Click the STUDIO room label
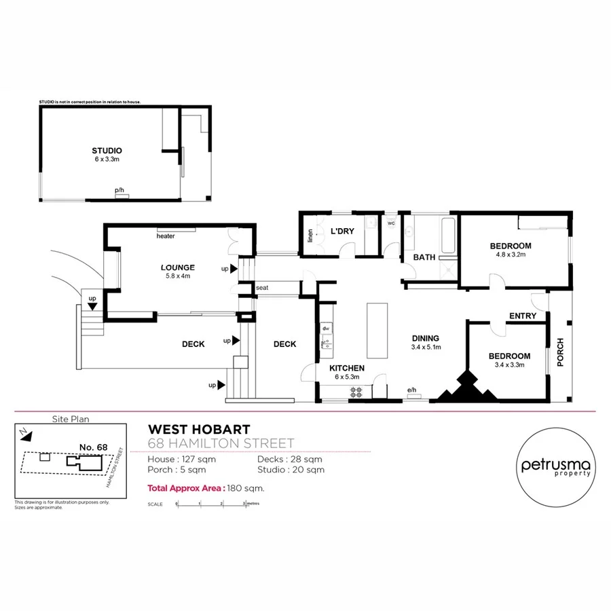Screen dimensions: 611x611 [x=107, y=151]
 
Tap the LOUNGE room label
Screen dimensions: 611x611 [x=178, y=267]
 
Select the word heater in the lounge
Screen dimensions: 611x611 [x=166, y=236]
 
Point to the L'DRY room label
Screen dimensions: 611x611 [x=342, y=232]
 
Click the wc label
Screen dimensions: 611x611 [x=391, y=223]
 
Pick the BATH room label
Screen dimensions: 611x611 [x=424, y=257]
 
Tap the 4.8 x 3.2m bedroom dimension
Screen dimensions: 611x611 [x=513, y=255]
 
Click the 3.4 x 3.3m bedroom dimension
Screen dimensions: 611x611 [x=509, y=366]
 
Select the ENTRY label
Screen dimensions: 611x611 [x=522, y=316]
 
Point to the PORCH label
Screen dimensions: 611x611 [x=560, y=352]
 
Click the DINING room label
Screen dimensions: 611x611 [x=426, y=338]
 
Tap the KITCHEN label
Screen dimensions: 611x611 [x=347, y=368]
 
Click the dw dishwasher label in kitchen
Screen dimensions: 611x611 [x=326, y=329]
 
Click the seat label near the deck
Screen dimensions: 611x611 [x=262, y=288]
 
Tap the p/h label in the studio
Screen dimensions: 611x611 [x=119, y=190]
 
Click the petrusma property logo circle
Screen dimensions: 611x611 [x=555, y=468]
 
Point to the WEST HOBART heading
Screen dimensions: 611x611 [x=199, y=429]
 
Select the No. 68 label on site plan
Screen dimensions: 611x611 [x=94, y=446]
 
